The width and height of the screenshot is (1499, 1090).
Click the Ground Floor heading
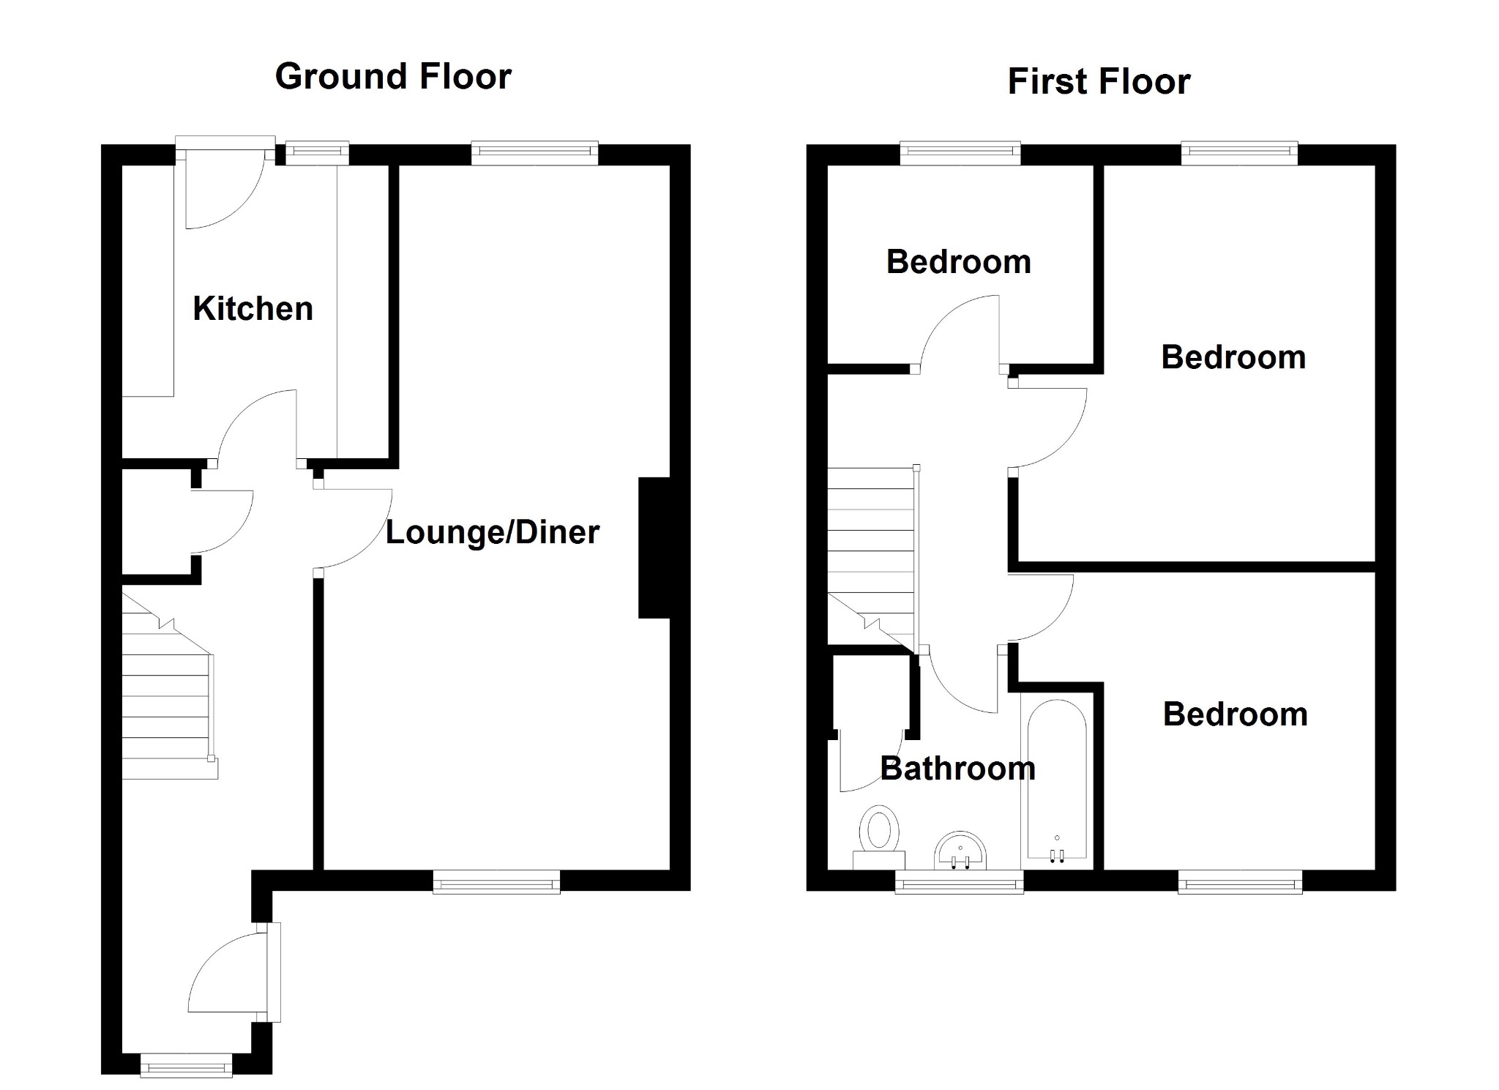[x=393, y=77]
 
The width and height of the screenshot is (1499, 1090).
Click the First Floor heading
[x=1099, y=81]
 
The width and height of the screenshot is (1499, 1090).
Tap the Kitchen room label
[x=253, y=308]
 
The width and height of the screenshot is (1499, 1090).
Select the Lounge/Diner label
[x=492, y=532]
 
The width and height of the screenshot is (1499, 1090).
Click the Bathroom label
[x=957, y=769]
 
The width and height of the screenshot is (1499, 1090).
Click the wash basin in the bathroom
[x=960, y=851]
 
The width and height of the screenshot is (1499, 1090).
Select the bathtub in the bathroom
[x=1057, y=780]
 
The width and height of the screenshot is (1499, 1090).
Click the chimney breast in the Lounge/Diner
[x=654, y=548]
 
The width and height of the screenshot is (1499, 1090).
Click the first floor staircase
[x=871, y=556]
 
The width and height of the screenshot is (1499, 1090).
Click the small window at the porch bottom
[x=186, y=1065]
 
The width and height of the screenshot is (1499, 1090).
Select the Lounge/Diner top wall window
[x=534, y=152]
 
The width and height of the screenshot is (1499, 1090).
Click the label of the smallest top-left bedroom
[x=958, y=262]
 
